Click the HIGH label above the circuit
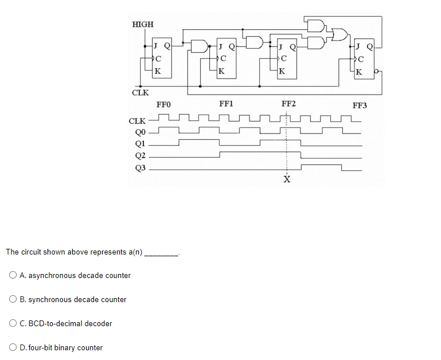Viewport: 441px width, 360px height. (143, 24)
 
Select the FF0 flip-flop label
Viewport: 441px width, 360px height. (163, 104)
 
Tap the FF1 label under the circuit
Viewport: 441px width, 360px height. (226, 104)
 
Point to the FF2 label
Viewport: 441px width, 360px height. (288, 104)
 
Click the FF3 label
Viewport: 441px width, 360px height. (360, 105)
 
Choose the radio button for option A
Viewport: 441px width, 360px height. (13, 276)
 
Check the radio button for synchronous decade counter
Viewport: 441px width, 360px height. (13, 300)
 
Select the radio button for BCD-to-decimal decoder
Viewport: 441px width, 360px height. (13, 324)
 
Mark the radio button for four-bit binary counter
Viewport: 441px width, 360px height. (13, 348)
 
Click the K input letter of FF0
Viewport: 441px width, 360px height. (158, 72)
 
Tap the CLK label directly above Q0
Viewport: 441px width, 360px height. (138, 121)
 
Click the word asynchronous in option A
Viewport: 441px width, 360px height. (50, 276)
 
